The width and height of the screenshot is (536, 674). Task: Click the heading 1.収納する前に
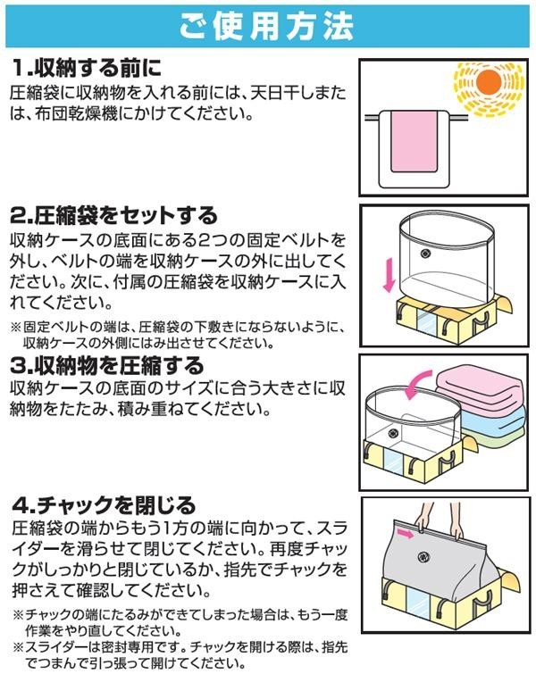coord(90,67)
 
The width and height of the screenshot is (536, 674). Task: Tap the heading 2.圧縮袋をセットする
coord(114,215)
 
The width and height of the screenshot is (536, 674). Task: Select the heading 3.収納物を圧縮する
coord(108,366)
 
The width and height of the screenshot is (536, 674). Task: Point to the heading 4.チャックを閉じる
coord(103,505)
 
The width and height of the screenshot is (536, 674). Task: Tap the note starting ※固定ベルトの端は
coord(179,335)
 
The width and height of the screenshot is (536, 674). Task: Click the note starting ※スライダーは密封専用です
coord(179,653)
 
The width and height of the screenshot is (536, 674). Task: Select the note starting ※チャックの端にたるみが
coord(179,623)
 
